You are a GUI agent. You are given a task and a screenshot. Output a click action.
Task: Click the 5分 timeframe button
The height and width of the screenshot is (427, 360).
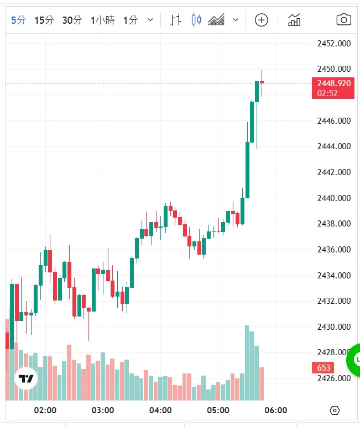point(18,20)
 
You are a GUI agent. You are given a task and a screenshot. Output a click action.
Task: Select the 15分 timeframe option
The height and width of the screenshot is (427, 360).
point(44,20)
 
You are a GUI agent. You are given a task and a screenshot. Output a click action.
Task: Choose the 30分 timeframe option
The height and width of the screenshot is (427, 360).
point(71,20)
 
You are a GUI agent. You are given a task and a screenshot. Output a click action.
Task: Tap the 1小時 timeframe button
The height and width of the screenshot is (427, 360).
point(102,20)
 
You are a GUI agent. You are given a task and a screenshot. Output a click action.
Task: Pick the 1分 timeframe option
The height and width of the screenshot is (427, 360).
point(130,20)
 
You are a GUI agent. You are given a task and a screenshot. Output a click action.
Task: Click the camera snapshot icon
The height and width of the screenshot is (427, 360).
point(343,20)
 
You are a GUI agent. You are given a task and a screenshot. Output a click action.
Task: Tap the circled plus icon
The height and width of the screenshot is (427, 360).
point(261,20)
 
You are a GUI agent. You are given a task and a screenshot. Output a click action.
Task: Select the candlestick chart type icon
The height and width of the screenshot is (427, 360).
point(196,20)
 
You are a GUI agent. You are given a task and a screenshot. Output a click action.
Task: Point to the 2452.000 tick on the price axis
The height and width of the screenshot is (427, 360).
point(334,44)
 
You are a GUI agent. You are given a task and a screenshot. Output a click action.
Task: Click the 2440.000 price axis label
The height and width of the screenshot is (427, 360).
point(334,198)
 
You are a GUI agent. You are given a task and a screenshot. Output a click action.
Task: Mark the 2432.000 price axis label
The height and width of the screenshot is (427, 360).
point(334,301)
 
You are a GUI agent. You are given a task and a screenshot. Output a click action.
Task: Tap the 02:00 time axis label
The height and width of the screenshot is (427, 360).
point(45,410)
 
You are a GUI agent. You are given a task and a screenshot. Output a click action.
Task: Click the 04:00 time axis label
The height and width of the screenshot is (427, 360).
point(160,410)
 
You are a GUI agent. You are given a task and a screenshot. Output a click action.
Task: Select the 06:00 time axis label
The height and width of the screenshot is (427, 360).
point(275,410)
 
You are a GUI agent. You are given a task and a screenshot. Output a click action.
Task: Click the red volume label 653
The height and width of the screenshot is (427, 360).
point(324,367)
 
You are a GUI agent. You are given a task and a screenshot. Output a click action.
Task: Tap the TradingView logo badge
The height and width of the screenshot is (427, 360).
point(25,379)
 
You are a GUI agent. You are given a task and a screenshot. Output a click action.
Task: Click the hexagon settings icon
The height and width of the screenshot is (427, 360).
point(334,410)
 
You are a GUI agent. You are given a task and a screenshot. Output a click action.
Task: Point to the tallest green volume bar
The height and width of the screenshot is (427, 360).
point(247,362)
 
